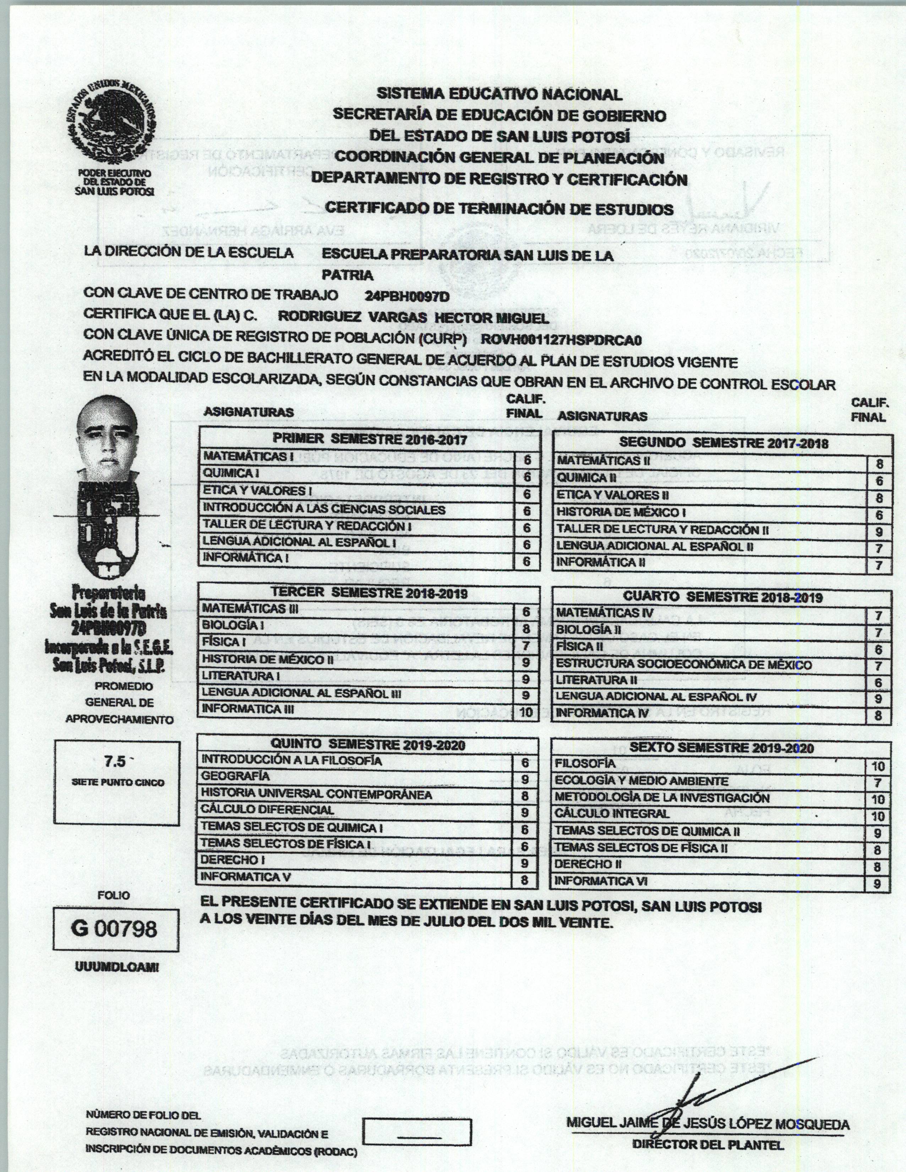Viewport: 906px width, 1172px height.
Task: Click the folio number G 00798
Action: (114, 928)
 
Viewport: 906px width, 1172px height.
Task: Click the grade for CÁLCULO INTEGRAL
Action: (878, 816)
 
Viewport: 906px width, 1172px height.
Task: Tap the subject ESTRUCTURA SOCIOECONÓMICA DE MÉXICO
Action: (684, 664)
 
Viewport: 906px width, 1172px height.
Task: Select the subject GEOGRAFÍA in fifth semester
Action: (235, 776)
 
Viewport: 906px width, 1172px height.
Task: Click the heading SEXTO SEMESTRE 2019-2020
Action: (721, 748)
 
